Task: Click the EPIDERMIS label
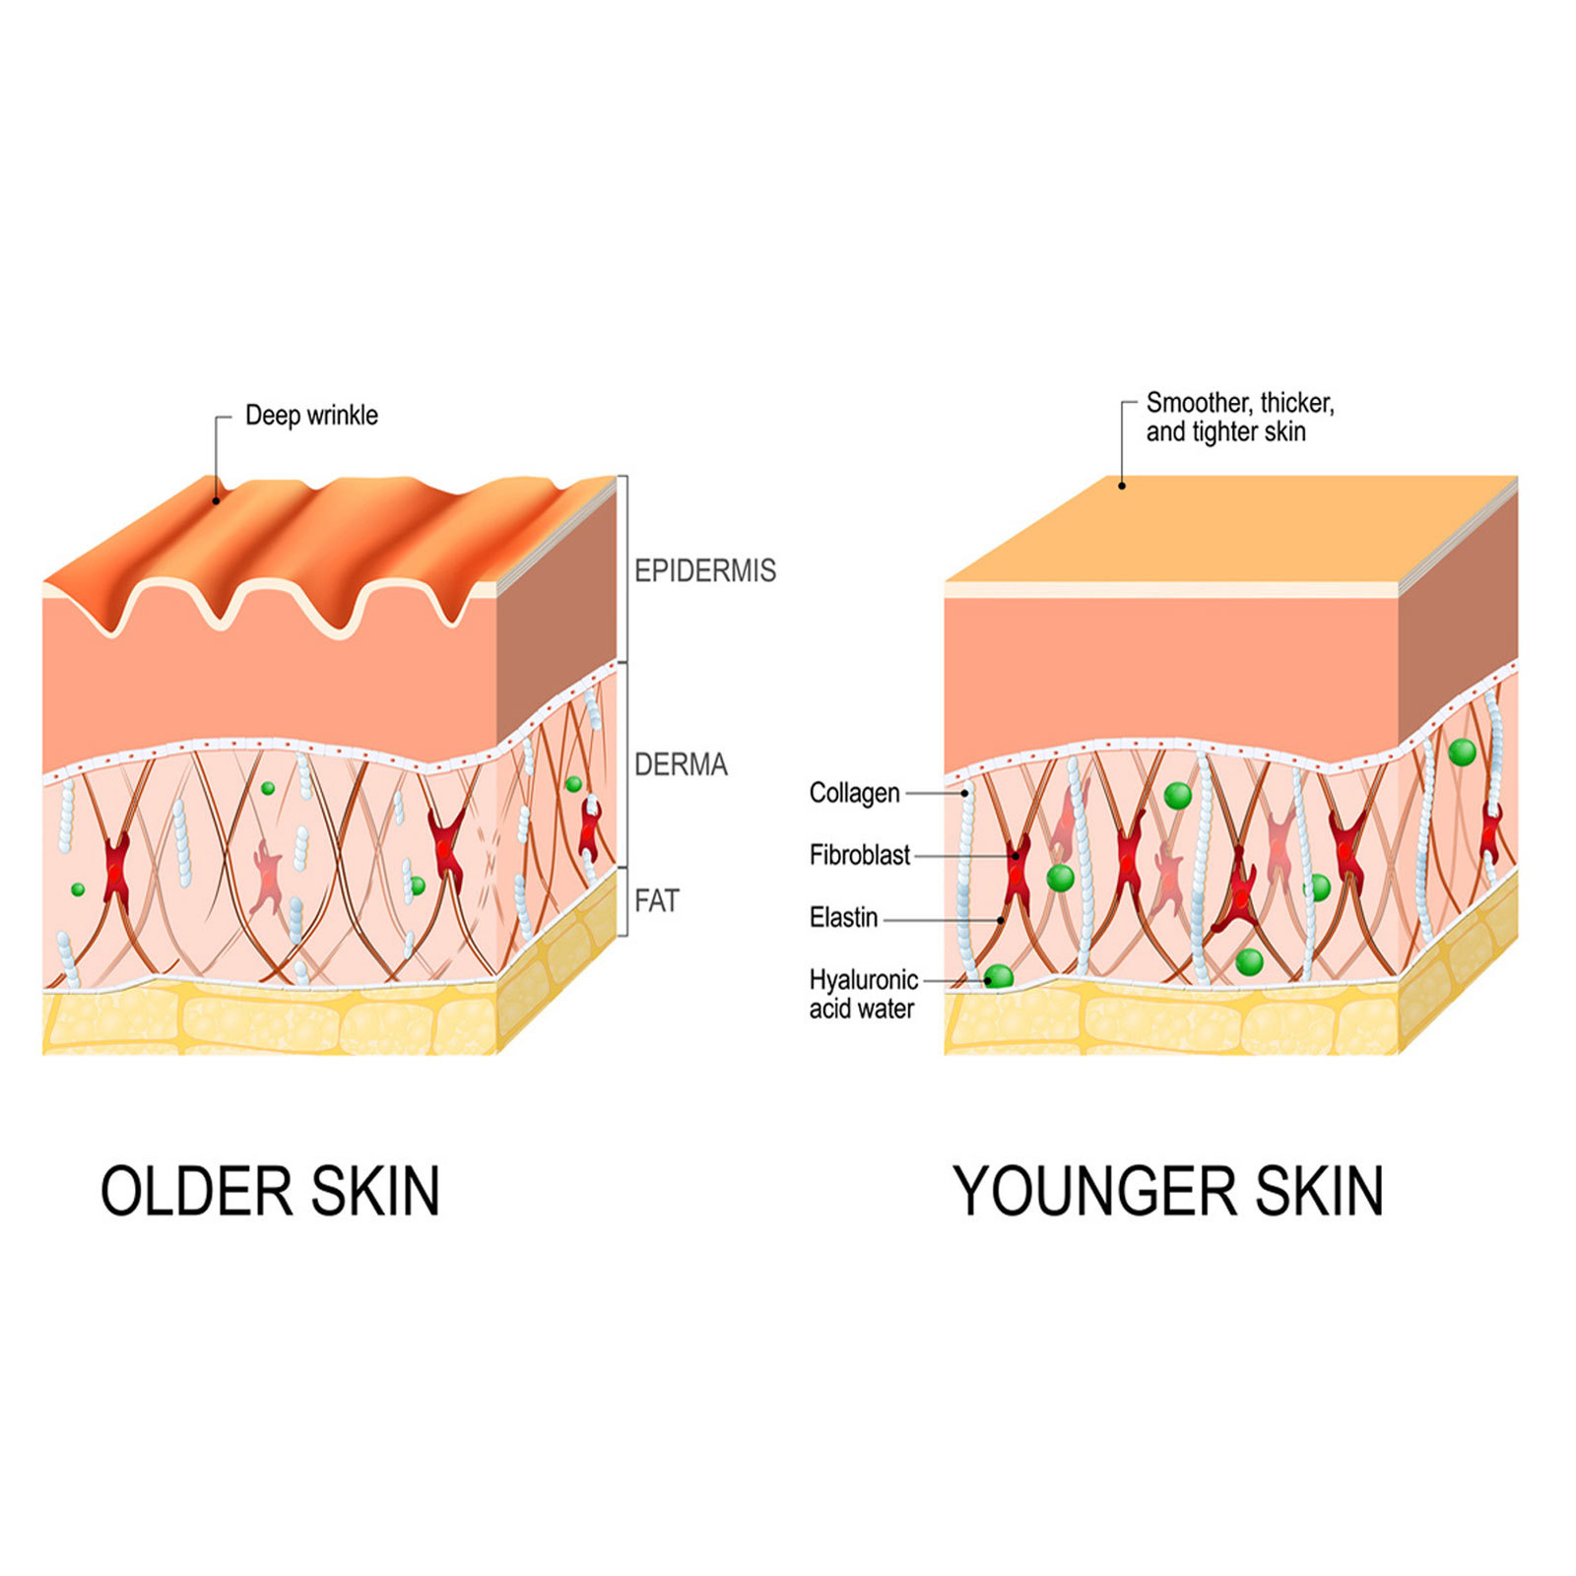point(704,570)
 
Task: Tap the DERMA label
point(681,764)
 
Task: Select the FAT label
point(657,900)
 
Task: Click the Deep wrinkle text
point(311,416)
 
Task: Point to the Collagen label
point(855,793)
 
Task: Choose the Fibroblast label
point(860,855)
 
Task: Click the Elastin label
point(844,917)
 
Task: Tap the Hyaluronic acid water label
point(864,994)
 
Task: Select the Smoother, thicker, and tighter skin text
point(1240,418)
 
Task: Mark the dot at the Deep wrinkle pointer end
point(217,500)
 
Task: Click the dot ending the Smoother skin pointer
point(1122,486)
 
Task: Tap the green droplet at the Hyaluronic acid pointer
point(998,977)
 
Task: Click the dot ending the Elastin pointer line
point(1001,920)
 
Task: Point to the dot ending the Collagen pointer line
point(965,793)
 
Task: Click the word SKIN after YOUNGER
point(1319,1191)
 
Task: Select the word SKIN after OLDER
point(375,1191)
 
